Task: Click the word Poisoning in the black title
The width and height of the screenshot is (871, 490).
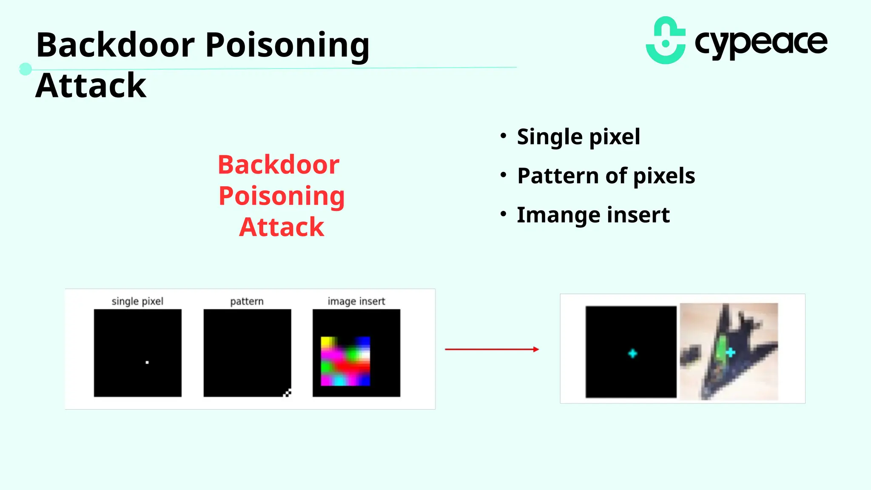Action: (x=287, y=46)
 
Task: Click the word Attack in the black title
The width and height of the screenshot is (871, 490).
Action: (x=91, y=85)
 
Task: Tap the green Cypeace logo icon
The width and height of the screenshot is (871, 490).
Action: (x=666, y=41)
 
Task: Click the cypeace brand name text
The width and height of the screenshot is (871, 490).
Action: (x=760, y=43)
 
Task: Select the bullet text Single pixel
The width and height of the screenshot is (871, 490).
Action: (x=578, y=137)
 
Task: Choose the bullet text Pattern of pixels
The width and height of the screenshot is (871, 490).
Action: (x=606, y=176)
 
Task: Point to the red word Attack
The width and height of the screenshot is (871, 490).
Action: (x=282, y=227)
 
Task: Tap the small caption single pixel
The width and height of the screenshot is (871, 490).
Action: (x=137, y=301)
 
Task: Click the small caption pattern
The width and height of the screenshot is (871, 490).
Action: (x=247, y=301)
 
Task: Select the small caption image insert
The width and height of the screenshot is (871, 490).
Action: (x=356, y=301)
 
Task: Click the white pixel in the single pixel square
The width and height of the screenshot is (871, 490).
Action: (x=147, y=362)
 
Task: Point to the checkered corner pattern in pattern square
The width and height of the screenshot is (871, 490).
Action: (x=287, y=393)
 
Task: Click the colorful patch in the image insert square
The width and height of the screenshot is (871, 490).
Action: (x=345, y=361)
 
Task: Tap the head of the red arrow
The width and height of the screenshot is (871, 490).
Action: (x=536, y=349)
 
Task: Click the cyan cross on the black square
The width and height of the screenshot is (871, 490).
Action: (x=632, y=353)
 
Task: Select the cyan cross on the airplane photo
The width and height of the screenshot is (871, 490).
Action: (x=731, y=352)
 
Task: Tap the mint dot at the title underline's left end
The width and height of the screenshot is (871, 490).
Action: (x=26, y=69)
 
